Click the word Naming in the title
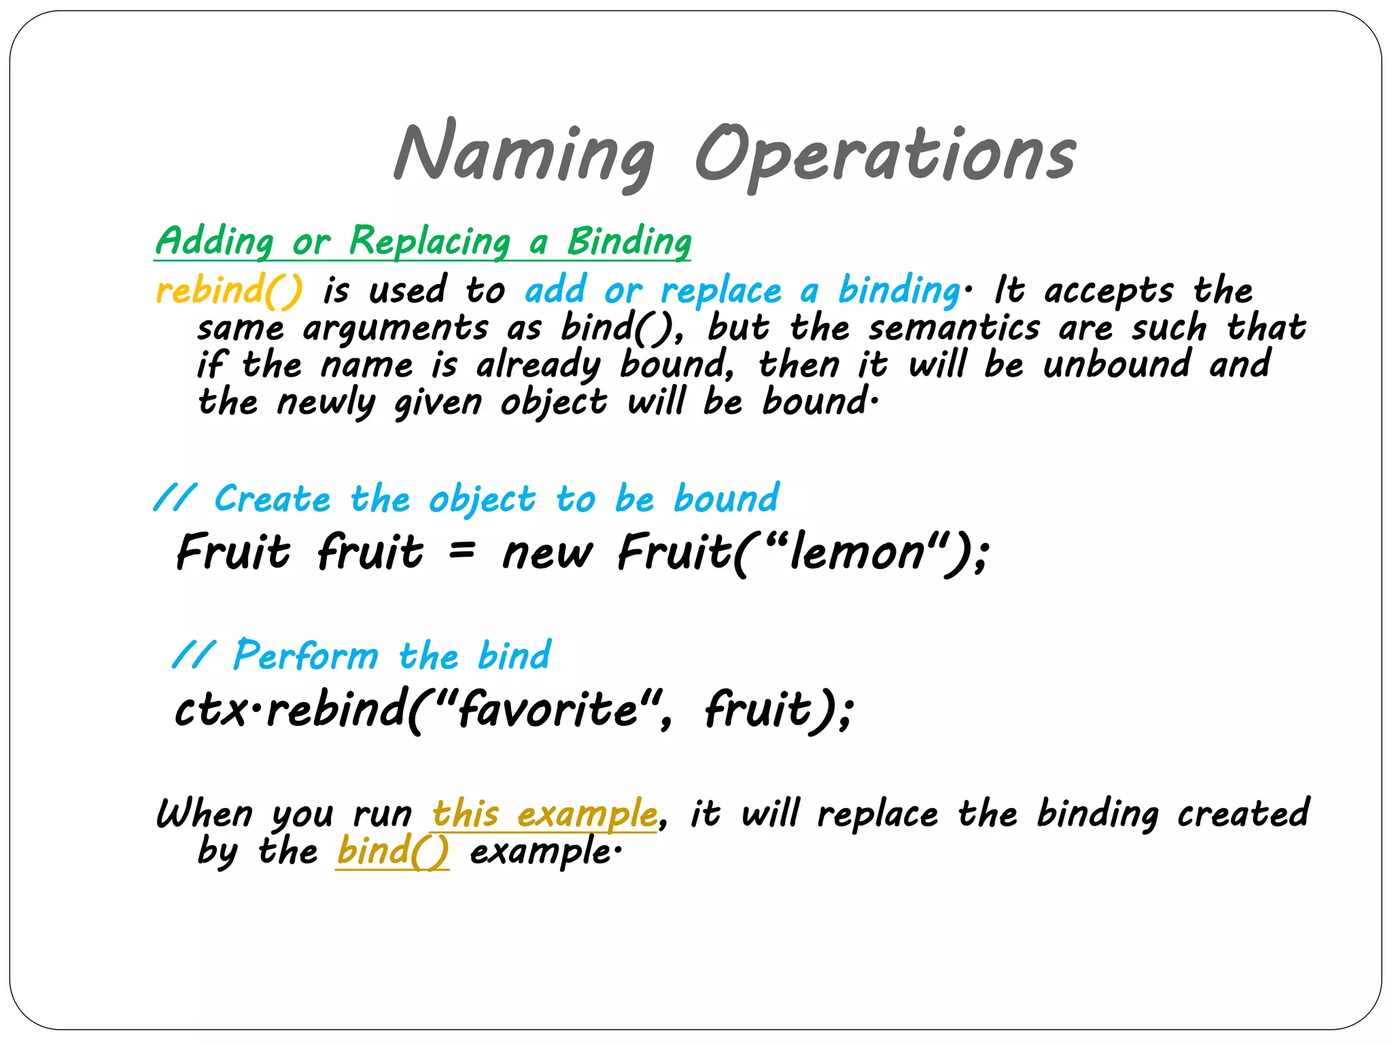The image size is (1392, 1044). [524, 154]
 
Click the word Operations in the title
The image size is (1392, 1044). [884, 154]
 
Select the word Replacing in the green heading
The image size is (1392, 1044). [430, 242]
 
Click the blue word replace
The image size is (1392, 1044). [721, 291]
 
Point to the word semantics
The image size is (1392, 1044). [954, 328]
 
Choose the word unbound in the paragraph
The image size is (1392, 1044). [1117, 365]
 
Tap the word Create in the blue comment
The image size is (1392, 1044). [273, 500]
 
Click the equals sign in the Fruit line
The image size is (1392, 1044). [462, 549]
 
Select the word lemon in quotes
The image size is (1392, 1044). [858, 552]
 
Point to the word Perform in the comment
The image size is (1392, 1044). [306, 656]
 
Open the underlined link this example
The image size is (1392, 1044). [544, 814]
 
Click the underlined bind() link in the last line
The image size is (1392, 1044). [392, 851]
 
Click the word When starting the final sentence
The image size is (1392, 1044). [205, 814]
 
